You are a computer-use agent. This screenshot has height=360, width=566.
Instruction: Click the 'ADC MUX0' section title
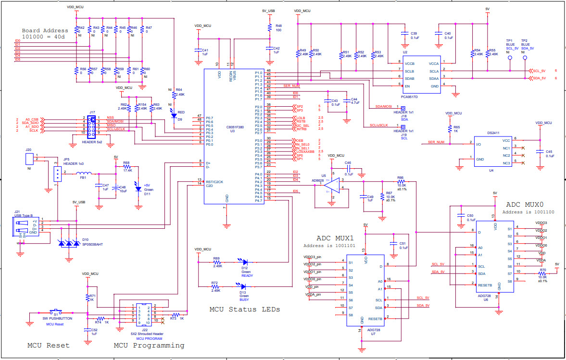(523, 204)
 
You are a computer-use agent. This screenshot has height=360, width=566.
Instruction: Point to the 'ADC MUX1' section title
(335, 238)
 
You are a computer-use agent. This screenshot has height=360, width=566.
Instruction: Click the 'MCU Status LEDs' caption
(244, 310)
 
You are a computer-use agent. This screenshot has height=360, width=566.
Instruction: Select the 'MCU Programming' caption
(149, 345)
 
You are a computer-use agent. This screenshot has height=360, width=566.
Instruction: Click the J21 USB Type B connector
(26, 227)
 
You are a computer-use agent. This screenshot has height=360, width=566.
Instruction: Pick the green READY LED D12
(244, 262)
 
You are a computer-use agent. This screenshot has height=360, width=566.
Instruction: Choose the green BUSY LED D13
(244, 287)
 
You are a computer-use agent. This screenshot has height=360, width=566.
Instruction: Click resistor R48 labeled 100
(270, 27)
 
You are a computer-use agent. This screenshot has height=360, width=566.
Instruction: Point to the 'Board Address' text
(45, 30)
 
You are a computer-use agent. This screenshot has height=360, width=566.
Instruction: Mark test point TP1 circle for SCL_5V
(509, 60)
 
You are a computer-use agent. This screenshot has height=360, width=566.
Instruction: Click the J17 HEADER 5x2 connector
(91, 124)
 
